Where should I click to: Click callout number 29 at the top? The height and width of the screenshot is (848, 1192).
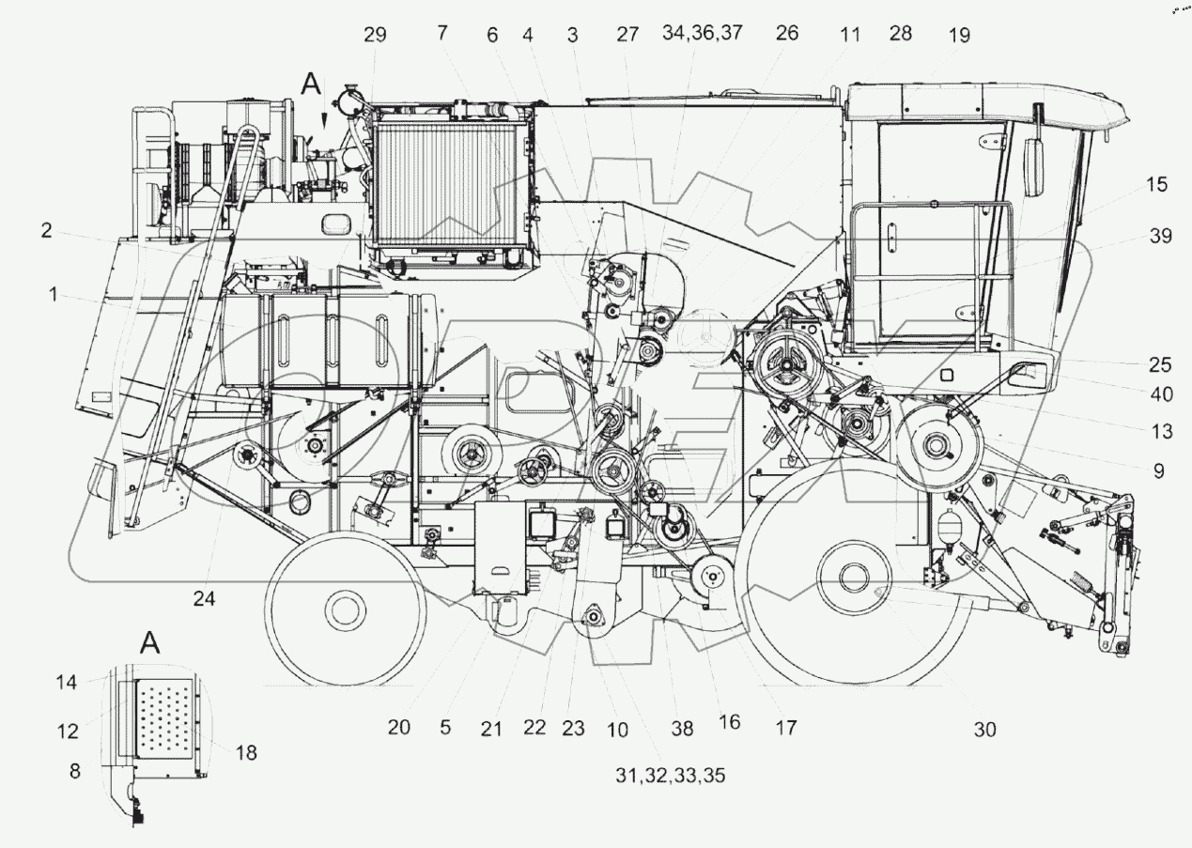(375, 35)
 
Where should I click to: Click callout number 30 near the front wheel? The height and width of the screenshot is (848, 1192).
(983, 728)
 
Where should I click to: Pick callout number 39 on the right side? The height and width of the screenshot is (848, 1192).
(1161, 237)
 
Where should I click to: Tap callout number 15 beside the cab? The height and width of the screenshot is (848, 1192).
(1157, 185)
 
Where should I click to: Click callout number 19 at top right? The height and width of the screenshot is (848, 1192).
(959, 35)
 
